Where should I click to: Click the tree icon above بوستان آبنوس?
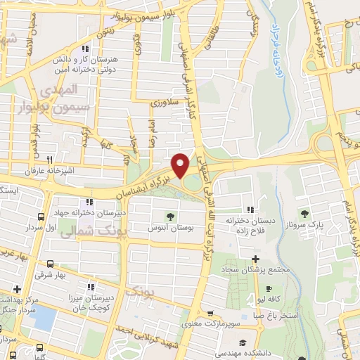pos(169,217)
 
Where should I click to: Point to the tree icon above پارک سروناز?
pos(304,214)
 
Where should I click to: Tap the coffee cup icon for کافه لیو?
pos(268,288)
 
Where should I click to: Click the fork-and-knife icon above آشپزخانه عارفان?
pos(49,160)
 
